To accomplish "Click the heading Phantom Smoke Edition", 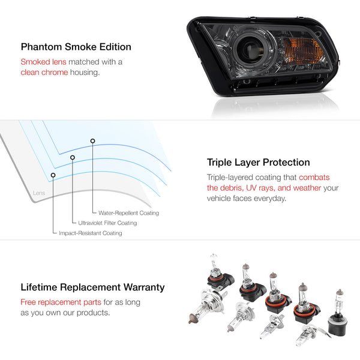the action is (76, 47).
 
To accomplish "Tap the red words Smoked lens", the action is (43, 62).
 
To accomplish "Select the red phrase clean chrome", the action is (44, 73).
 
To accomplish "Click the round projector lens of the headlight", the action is (249, 49).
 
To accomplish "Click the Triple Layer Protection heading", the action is (258, 163).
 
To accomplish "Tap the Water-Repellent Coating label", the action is (128, 213).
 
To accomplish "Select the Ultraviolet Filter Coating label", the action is (107, 223).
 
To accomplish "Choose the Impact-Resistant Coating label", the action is (91, 233).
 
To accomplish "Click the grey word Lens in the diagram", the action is (39, 193).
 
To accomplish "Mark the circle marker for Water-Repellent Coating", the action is (92, 141).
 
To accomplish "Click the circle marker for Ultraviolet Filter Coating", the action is (73, 157).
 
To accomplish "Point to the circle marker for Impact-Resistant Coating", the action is (53, 175).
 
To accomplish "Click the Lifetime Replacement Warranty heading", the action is (92, 287).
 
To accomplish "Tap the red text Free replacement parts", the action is (61, 302).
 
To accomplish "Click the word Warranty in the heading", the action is (144, 287).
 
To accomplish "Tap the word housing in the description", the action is (85, 73).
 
